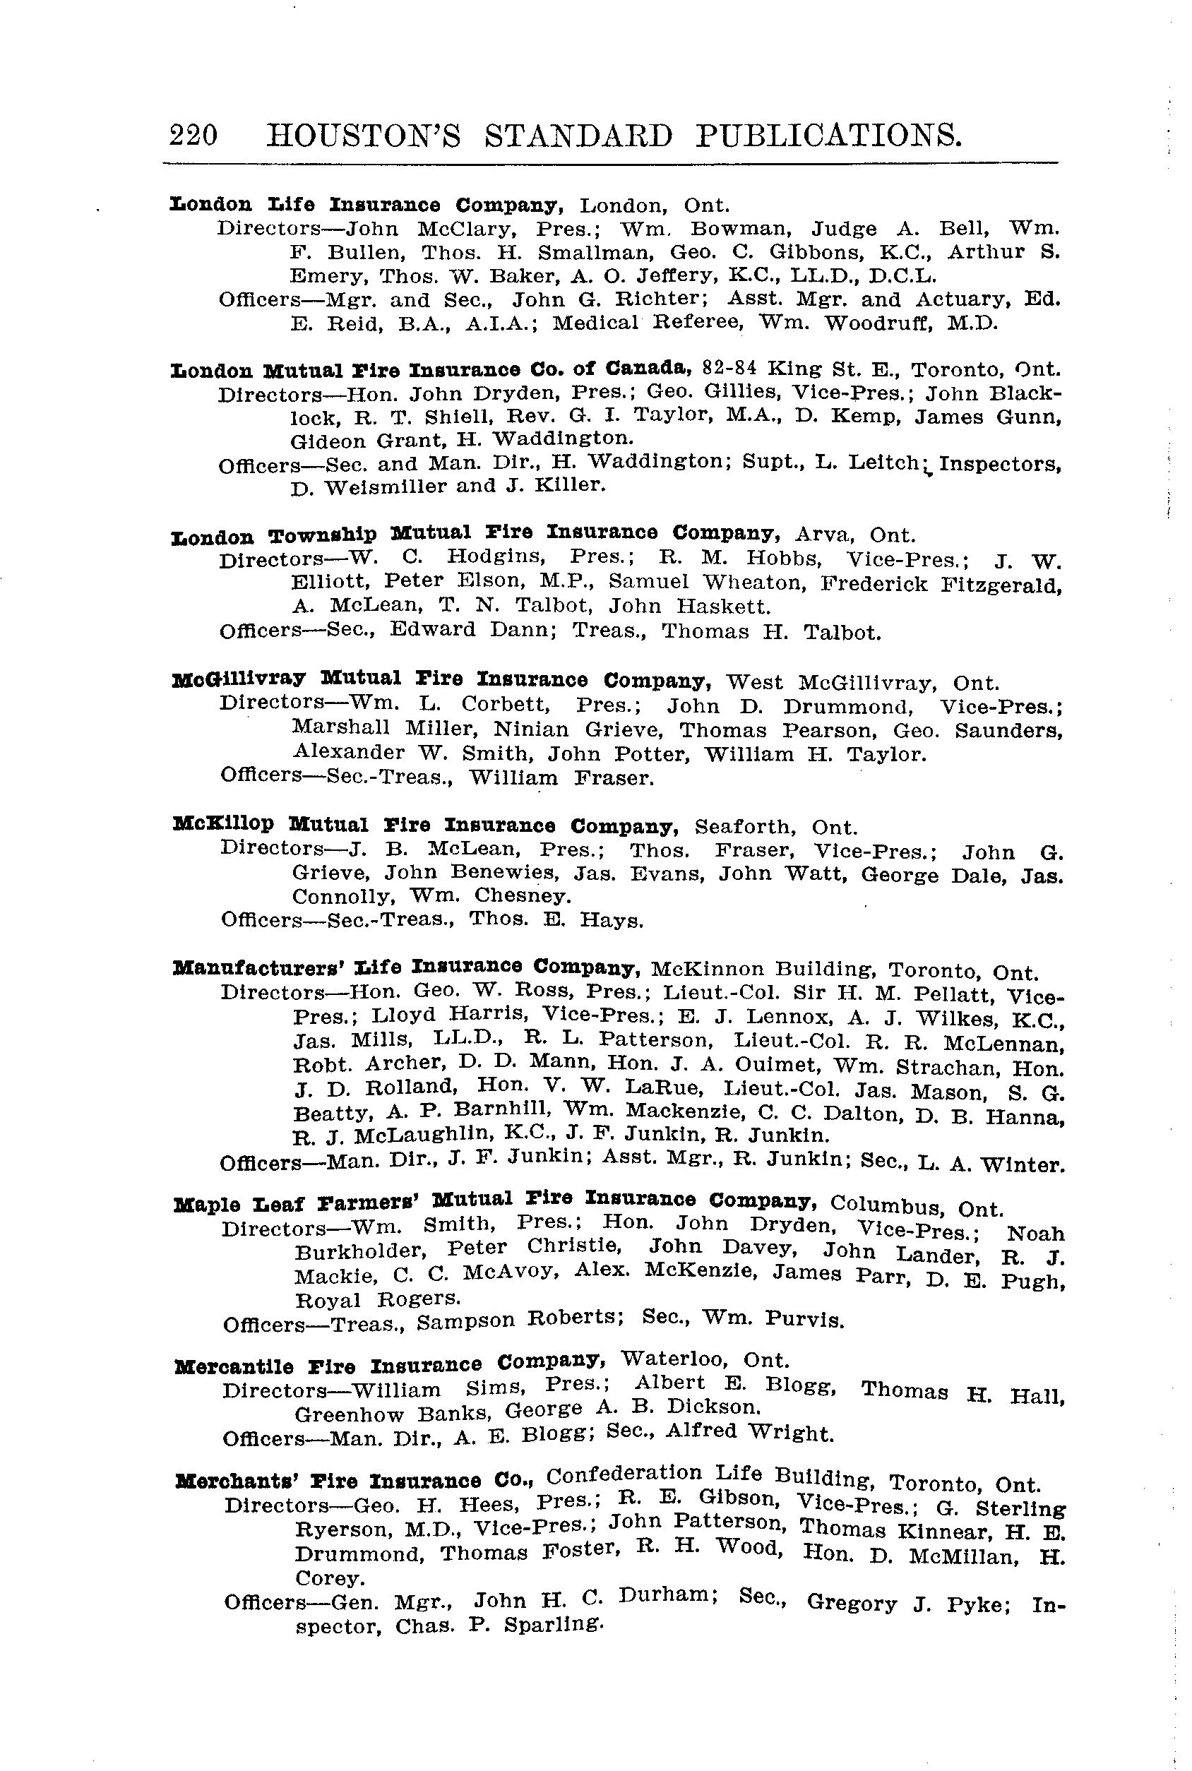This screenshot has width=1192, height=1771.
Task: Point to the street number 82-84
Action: coord(729,369)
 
